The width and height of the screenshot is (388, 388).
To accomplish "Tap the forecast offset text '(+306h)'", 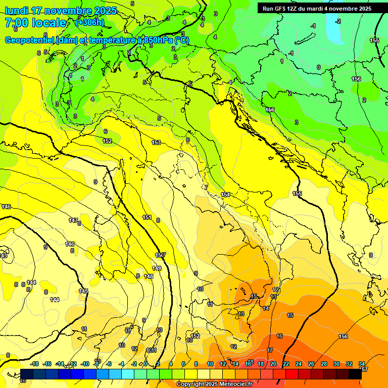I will [89, 22].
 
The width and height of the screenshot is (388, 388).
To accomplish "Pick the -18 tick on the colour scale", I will [35, 364].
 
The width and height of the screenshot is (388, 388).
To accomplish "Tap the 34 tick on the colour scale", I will [362, 364].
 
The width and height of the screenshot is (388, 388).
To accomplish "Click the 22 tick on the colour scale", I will [286, 364].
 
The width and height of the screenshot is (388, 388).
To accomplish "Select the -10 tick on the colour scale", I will [85, 364].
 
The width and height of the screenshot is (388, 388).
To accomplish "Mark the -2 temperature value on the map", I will [338, 21].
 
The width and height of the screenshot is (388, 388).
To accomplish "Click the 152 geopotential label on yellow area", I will [107, 141].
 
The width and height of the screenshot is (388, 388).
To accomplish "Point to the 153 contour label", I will [157, 142].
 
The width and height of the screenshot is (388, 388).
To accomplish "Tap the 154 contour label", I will [225, 195].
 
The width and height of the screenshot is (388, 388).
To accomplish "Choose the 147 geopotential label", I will [73, 220].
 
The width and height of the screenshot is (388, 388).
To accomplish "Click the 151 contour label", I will [147, 217].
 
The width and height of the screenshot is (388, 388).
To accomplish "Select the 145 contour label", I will [83, 291].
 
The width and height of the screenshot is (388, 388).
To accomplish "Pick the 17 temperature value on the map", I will [270, 350].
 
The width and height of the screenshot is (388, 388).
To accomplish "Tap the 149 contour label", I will [157, 268].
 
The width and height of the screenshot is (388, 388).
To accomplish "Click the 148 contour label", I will [149, 276].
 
